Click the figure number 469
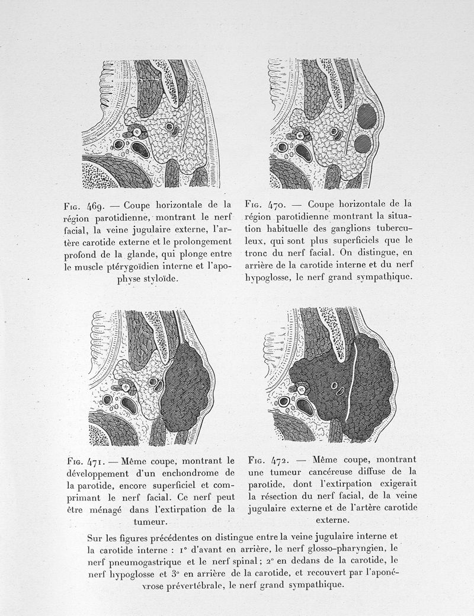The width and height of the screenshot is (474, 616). coord(97,208)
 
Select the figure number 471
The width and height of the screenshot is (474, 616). coord(98,461)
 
